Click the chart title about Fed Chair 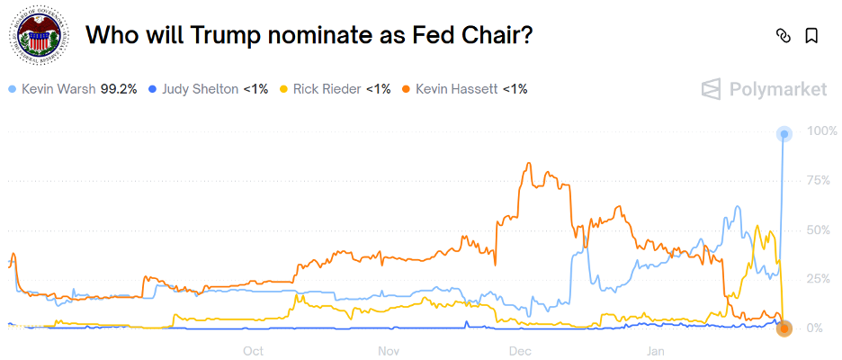pyautogui.click(x=309, y=36)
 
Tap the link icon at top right pyautogui.click(x=783, y=36)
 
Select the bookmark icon pyautogui.click(x=811, y=36)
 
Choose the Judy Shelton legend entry pyautogui.click(x=200, y=89)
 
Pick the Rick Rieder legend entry pyautogui.click(x=328, y=89)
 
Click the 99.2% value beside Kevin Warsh pyautogui.click(x=119, y=89)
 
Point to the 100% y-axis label pyautogui.click(x=822, y=131)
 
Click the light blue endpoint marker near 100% pyautogui.click(x=784, y=134)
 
